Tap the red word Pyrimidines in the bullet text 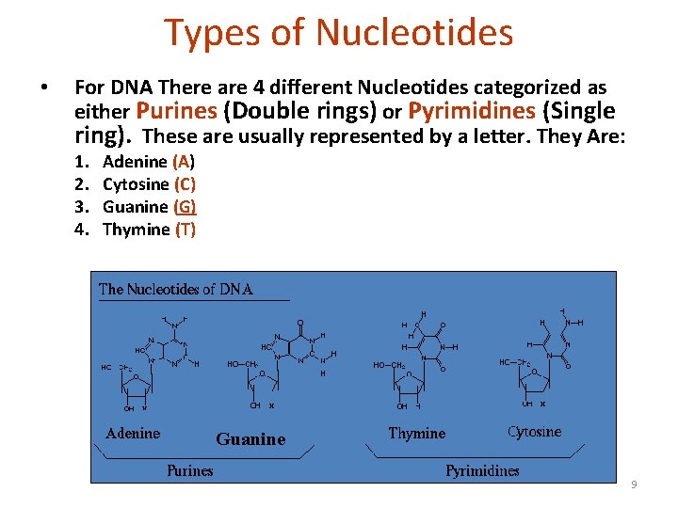pos(472,112)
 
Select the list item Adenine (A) pos(149,162)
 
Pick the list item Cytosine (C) pos(149,184)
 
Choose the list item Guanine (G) pos(149,207)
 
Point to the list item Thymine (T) pos(149,230)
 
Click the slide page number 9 pos(634,484)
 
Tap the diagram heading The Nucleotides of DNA pos(176,290)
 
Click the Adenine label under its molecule pos(133,434)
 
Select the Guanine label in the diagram pos(250,439)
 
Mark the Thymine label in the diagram pos(417,434)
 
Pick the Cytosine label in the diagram pos(534,432)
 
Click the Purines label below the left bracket pos(190,470)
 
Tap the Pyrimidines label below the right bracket pos(482,470)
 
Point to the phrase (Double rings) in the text pos(299,112)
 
